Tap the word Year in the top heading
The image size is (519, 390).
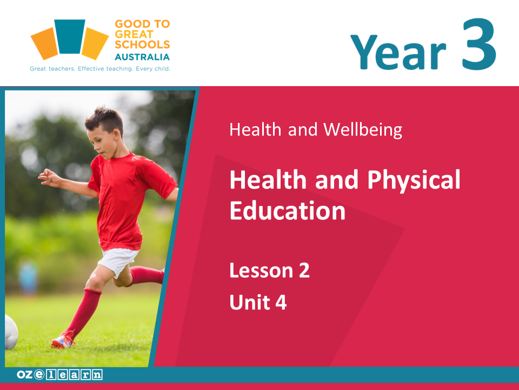[x=398, y=52]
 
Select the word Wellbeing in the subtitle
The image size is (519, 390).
[x=363, y=129]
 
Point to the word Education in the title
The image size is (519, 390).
[x=287, y=210]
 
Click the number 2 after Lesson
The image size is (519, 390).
[x=304, y=270]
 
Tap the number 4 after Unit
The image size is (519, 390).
[x=281, y=302]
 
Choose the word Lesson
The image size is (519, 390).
[x=261, y=270]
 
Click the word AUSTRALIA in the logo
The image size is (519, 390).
[x=142, y=57]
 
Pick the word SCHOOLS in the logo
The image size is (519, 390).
[x=142, y=44]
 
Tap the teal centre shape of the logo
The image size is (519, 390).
[x=70, y=36]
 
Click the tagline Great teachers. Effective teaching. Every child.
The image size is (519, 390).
[x=100, y=69]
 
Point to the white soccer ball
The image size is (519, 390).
[x=11, y=331]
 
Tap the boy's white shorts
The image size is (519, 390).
[x=118, y=261]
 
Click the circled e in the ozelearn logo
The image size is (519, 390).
[x=39, y=374]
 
